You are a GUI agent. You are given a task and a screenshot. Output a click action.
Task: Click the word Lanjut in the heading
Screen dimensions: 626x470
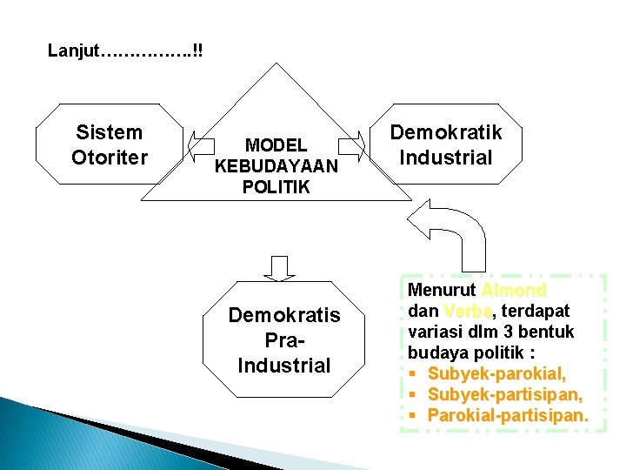pos(74,50)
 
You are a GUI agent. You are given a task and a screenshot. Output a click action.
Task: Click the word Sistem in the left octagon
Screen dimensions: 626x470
pos(110,133)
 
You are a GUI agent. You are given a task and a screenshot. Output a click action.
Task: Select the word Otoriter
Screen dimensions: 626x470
pos(110,158)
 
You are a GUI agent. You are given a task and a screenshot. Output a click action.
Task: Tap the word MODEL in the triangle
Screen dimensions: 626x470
pos(276,145)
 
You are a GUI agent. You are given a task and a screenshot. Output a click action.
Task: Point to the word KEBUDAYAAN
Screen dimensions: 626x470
pos(276,165)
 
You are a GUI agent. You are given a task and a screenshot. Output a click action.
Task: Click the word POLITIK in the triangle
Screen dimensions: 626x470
pos(276,185)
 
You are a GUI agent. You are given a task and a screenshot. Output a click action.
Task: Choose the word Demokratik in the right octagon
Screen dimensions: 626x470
pos(446,133)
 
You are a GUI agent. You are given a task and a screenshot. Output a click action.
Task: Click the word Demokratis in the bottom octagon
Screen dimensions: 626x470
pos(284,315)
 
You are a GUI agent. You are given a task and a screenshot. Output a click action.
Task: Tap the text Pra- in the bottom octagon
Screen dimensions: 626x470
pos(284,339)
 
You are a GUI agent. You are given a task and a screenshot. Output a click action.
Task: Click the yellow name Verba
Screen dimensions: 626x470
pos(461,311)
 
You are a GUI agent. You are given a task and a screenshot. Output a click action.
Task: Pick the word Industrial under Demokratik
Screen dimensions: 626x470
pos(446,158)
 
